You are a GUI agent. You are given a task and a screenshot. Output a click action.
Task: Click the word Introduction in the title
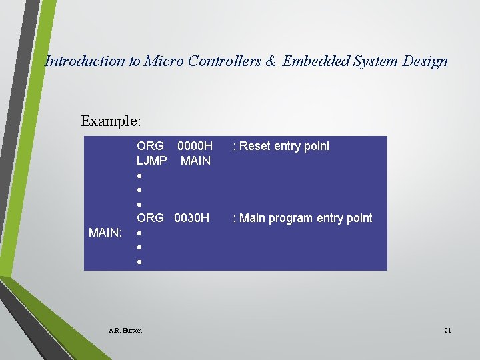point(84,61)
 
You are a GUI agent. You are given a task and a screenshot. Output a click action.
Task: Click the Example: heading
point(111,121)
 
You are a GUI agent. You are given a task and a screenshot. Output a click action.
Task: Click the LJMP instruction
point(152,161)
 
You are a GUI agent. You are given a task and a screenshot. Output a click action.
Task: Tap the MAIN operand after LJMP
point(195,161)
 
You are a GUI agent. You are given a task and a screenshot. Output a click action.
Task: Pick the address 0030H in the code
point(192,218)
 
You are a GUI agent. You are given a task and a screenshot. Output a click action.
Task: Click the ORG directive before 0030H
point(150,218)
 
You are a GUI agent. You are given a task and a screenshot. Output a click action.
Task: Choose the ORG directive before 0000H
point(150,146)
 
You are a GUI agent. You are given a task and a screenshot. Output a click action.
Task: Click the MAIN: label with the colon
point(105,233)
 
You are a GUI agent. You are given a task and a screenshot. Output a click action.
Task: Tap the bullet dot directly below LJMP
point(139,176)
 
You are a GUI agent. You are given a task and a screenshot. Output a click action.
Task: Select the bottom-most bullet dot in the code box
point(139,263)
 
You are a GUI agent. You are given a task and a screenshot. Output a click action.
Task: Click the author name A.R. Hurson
point(125,330)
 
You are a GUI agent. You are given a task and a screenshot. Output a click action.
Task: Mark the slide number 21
point(447,330)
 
